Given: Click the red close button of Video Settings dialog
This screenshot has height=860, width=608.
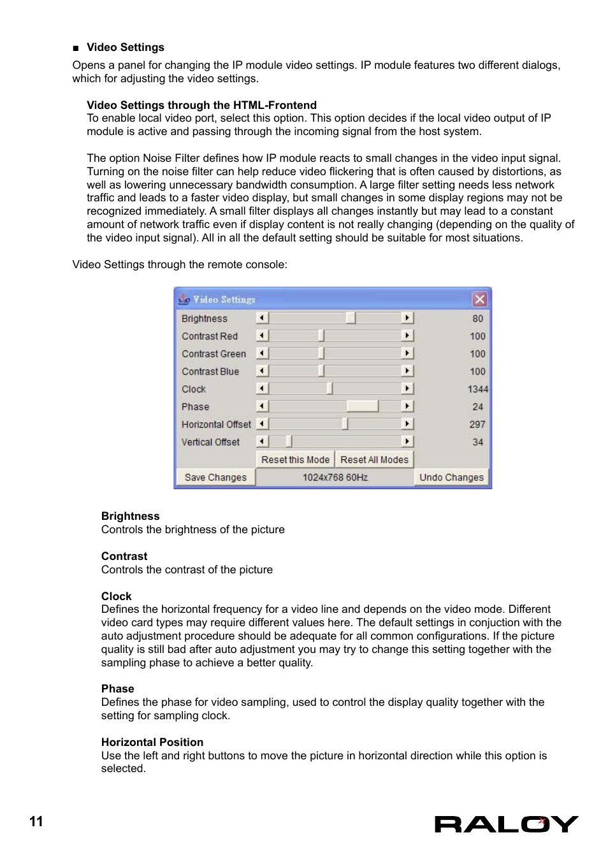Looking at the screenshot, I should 479,299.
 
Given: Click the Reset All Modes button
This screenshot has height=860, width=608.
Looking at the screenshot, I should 374,459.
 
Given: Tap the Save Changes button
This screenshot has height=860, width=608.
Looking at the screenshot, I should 215,477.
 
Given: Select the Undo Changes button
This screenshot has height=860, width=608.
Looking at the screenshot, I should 451,477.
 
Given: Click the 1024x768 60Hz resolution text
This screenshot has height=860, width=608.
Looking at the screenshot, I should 335,477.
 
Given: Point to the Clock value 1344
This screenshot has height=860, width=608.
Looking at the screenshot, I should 477,389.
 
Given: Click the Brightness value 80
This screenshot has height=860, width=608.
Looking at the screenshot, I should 477,318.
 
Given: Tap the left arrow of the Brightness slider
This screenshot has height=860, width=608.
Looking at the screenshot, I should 262,318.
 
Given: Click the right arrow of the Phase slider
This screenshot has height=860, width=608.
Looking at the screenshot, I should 407,406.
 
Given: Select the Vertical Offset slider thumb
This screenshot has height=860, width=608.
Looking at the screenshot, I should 288,441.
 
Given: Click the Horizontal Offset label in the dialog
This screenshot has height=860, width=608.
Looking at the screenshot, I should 216,424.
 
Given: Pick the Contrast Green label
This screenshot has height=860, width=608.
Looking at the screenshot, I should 214,354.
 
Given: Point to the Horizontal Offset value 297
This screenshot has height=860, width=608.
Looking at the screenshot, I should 477,424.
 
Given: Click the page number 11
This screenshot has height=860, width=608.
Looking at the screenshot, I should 36,821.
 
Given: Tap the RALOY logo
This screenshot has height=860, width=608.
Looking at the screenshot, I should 506,824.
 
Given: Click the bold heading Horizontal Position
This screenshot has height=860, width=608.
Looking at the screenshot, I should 152,742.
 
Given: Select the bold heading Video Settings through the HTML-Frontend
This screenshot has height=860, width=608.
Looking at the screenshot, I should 201,105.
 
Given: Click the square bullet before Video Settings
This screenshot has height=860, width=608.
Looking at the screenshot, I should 76,48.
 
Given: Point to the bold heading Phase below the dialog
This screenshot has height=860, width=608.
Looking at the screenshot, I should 118,689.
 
